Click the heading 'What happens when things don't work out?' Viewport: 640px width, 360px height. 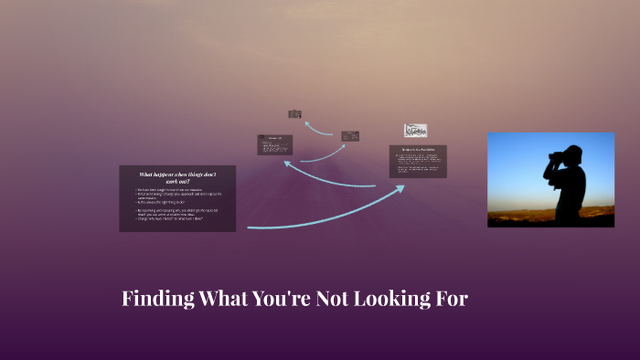(x=177, y=177)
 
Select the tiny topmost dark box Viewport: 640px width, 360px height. (x=294, y=114)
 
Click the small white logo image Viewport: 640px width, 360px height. (x=416, y=131)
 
